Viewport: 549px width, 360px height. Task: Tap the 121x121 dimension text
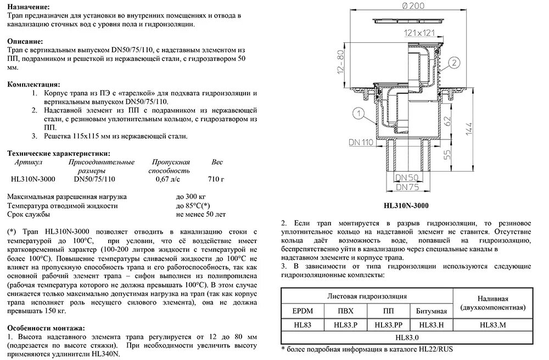(417, 33)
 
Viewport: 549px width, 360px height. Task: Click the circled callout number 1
(357, 114)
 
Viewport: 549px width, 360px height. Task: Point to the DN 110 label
(360, 142)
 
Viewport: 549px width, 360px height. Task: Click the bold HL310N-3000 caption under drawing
(406, 206)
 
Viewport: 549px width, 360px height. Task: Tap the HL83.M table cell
(492, 325)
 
